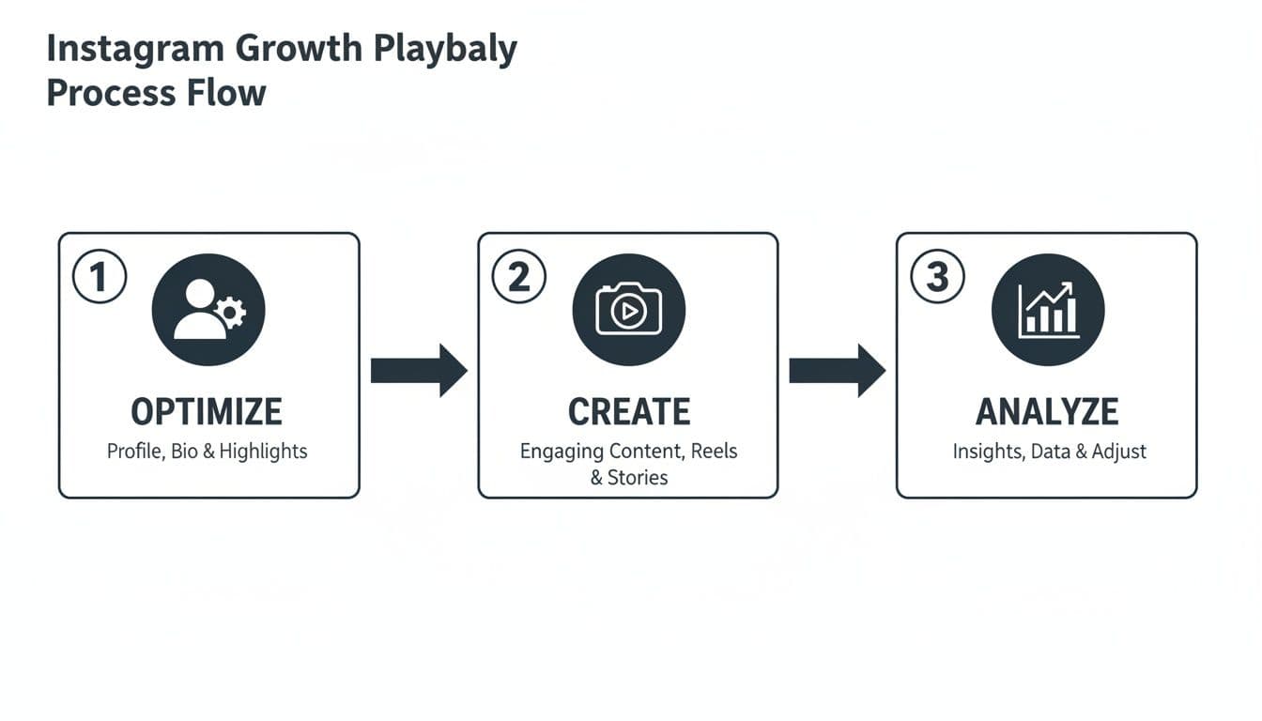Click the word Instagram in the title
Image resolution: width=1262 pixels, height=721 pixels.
coord(136,49)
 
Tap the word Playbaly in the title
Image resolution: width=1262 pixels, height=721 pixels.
coord(445,49)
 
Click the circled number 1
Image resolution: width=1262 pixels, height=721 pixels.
coord(100,277)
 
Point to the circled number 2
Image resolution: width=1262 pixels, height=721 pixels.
coord(519,277)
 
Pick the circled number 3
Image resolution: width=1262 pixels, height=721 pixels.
coord(937,277)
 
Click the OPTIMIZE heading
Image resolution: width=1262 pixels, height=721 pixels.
coord(207,412)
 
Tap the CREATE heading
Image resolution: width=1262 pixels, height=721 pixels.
coord(629,412)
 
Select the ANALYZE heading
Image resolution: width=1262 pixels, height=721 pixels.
coord(1047,412)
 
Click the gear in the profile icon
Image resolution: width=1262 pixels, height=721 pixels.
coord(230,312)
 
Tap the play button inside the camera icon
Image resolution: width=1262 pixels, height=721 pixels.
coord(629,311)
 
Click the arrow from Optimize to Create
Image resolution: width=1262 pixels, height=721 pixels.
coord(419,371)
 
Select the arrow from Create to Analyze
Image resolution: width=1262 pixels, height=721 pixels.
coord(838,371)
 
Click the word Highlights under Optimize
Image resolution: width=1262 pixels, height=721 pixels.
coord(263,452)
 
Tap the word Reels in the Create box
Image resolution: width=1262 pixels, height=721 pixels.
coord(714,452)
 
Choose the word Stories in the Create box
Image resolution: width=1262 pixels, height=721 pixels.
coord(638,478)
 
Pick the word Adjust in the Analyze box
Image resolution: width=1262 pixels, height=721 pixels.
coord(1119,452)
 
